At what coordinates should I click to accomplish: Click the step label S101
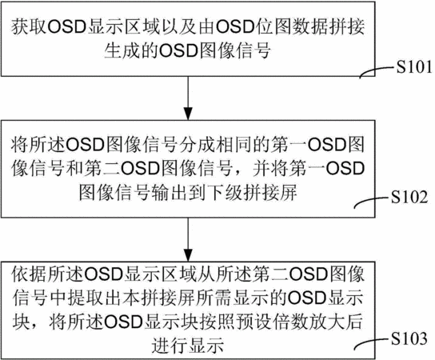[x=414, y=67]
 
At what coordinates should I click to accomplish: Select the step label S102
[x=409, y=198]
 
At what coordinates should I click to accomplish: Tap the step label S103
[x=409, y=338]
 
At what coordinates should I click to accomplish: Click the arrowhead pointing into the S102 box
[x=188, y=114]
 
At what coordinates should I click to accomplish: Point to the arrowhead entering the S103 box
[x=188, y=254]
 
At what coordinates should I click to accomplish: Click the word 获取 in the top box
[x=29, y=27]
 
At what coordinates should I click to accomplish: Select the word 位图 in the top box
[x=273, y=27]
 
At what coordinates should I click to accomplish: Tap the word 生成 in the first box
[x=122, y=51]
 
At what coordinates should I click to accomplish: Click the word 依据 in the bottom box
[x=29, y=274]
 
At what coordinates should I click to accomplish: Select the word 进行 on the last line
[x=170, y=346]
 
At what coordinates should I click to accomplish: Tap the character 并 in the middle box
[x=261, y=169]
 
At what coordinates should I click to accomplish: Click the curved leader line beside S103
[x=372, y=342]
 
